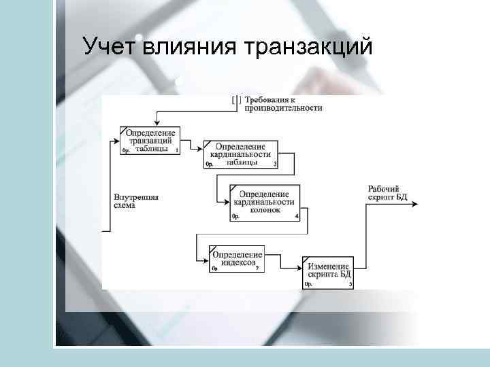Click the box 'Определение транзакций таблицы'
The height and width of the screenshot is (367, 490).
150,141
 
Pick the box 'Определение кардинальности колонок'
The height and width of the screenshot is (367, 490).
265,202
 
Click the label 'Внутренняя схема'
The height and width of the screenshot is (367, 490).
135,202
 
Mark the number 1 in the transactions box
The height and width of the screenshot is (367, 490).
177,150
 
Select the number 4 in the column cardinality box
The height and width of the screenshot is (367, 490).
297,217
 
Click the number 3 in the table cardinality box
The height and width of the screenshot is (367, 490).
275,164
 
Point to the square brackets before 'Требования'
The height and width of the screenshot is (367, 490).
236,99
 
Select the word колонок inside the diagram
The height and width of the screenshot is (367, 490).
265,211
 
